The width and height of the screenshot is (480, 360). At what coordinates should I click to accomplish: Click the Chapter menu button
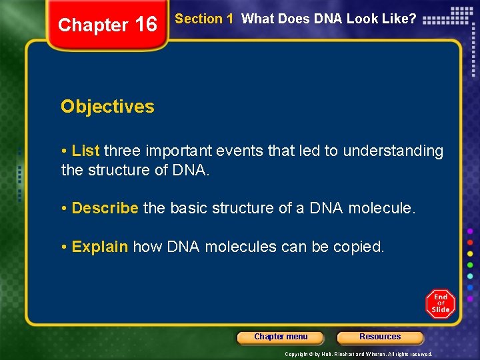tap(281, 337)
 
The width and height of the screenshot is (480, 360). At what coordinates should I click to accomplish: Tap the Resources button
tap(380, 337)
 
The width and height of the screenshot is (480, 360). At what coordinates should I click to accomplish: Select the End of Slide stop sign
tap(440, 303)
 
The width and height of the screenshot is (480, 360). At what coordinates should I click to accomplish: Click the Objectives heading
tap(107, 107)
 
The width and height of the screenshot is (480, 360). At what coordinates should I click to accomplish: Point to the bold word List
tap(85, 151)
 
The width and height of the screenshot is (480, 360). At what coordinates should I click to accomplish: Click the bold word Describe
tap(105, 208)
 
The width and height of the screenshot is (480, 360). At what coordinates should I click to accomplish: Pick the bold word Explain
tap(100, 247)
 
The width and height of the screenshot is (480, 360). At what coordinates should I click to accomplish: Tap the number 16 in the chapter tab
tap(145, 25)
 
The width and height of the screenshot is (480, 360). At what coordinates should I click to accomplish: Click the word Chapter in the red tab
tap(93, 25)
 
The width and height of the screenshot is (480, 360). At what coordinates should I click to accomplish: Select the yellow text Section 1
tap(203, 19)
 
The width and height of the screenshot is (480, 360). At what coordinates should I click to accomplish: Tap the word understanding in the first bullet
tap(393, 151)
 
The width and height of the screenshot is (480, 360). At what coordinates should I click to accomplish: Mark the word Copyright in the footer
tap(296, 354)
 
